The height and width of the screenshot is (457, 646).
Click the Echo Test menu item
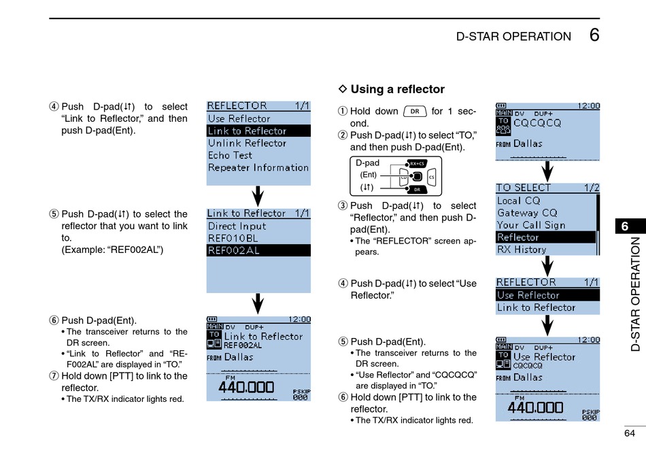tap(230, 156)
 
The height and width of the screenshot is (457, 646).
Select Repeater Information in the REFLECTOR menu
tap(258, 168)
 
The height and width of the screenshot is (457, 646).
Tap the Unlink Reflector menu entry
tap(247, 143)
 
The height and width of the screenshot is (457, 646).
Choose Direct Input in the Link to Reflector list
tap(237, 226)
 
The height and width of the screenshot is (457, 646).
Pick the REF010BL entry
tap(233, 239)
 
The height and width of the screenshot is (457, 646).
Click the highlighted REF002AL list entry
tap(234, 250)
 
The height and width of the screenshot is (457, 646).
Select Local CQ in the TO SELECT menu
tap(518, 201)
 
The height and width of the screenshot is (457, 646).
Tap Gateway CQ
tap(527, 213)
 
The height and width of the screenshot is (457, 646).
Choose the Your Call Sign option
tap(531, 225)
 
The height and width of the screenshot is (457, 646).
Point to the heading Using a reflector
tap(397, 89)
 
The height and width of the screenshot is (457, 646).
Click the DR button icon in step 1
tap(415, 112)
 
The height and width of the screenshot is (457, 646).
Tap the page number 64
tap(629, 433)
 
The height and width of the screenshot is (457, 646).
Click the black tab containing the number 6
tap(624, 227)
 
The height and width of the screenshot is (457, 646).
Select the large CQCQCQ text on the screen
tap(537, 123)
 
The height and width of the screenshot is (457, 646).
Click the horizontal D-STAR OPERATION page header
tap(513, 37)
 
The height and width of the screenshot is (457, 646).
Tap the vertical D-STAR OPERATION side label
tap(635, 294)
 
